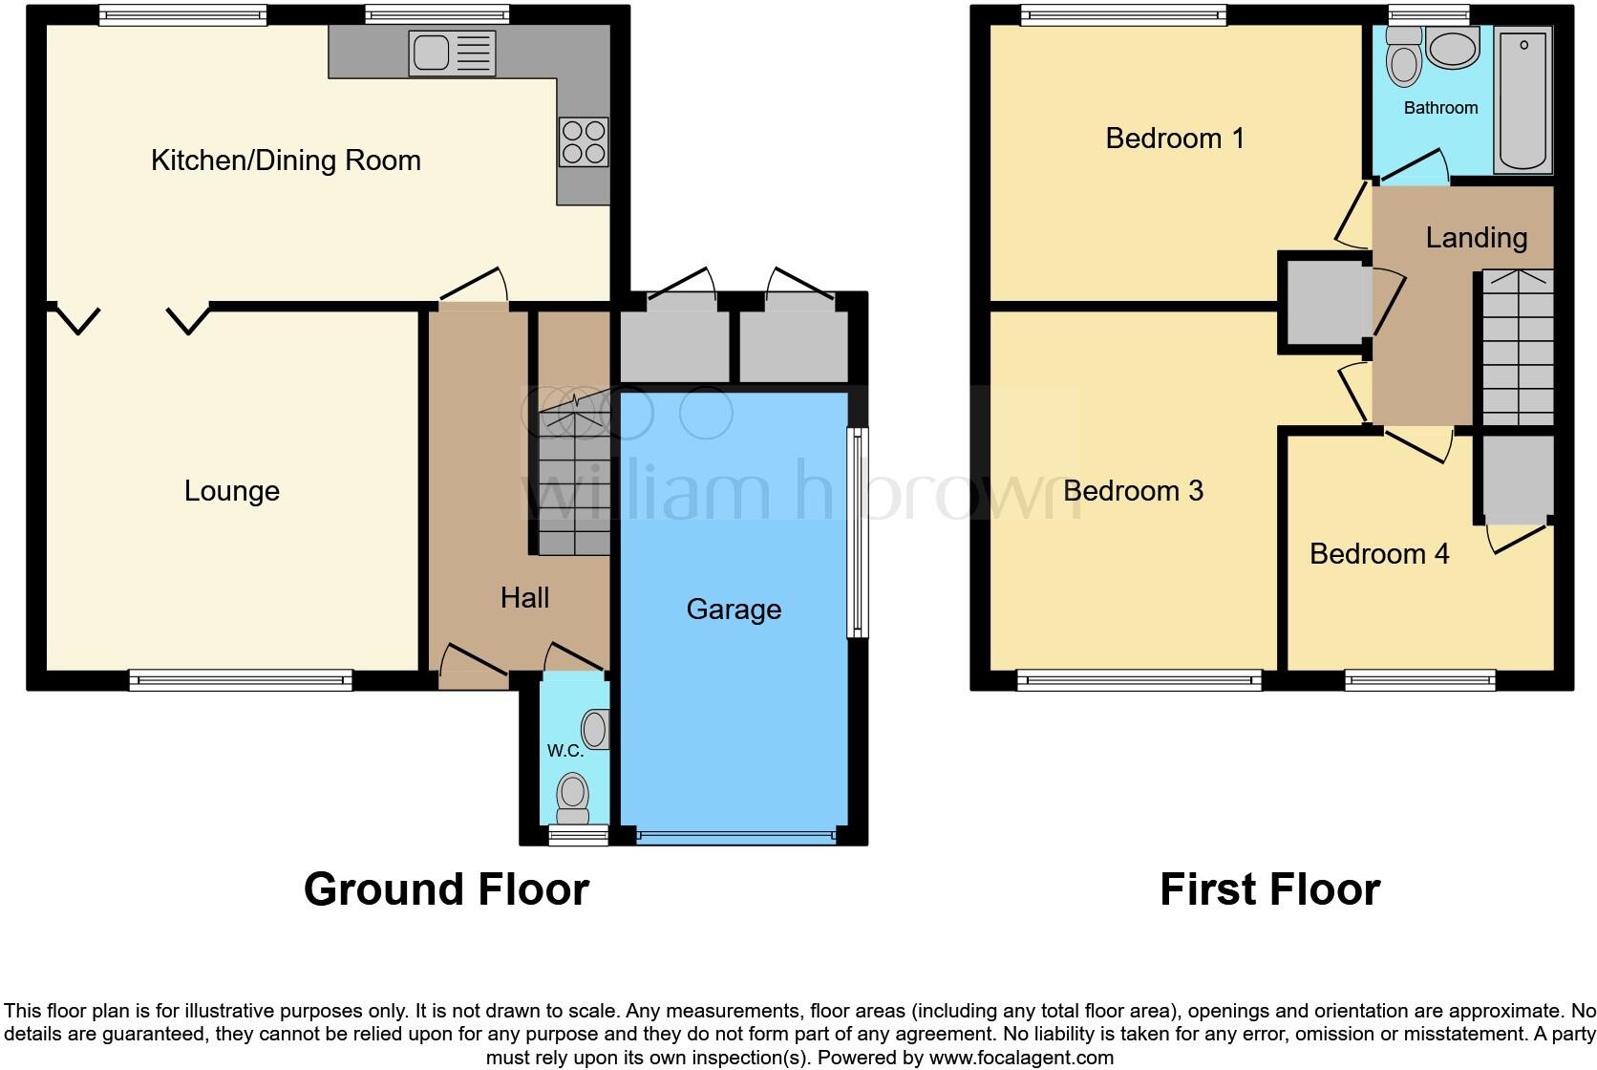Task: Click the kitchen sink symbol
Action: (x=452, y=52)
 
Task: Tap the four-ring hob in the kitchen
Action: (x=583, y=141)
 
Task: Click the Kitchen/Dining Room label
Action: (x=286, y=160)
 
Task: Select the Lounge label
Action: (x=231, y=491)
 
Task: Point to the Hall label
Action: (x=524, y=598)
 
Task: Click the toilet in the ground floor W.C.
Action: (x=572, y=799)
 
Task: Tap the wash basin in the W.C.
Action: (x=595, y=729)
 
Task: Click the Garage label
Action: (x=734, y=610)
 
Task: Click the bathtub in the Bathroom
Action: (x=1523, y=99)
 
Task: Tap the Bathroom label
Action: (x=1440, y=108)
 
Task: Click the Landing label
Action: (x=1476, y=238)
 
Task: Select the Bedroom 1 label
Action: (x=1175, y=139)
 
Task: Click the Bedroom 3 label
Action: (x=1133, y=491)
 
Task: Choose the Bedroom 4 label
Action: (x=1378, y=554)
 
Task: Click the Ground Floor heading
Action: (x=446, y=889)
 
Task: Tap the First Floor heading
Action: (x=1269, y=889)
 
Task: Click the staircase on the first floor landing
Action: (x=1517, y=349)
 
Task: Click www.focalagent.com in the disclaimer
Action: (x=1020, y=1058)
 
